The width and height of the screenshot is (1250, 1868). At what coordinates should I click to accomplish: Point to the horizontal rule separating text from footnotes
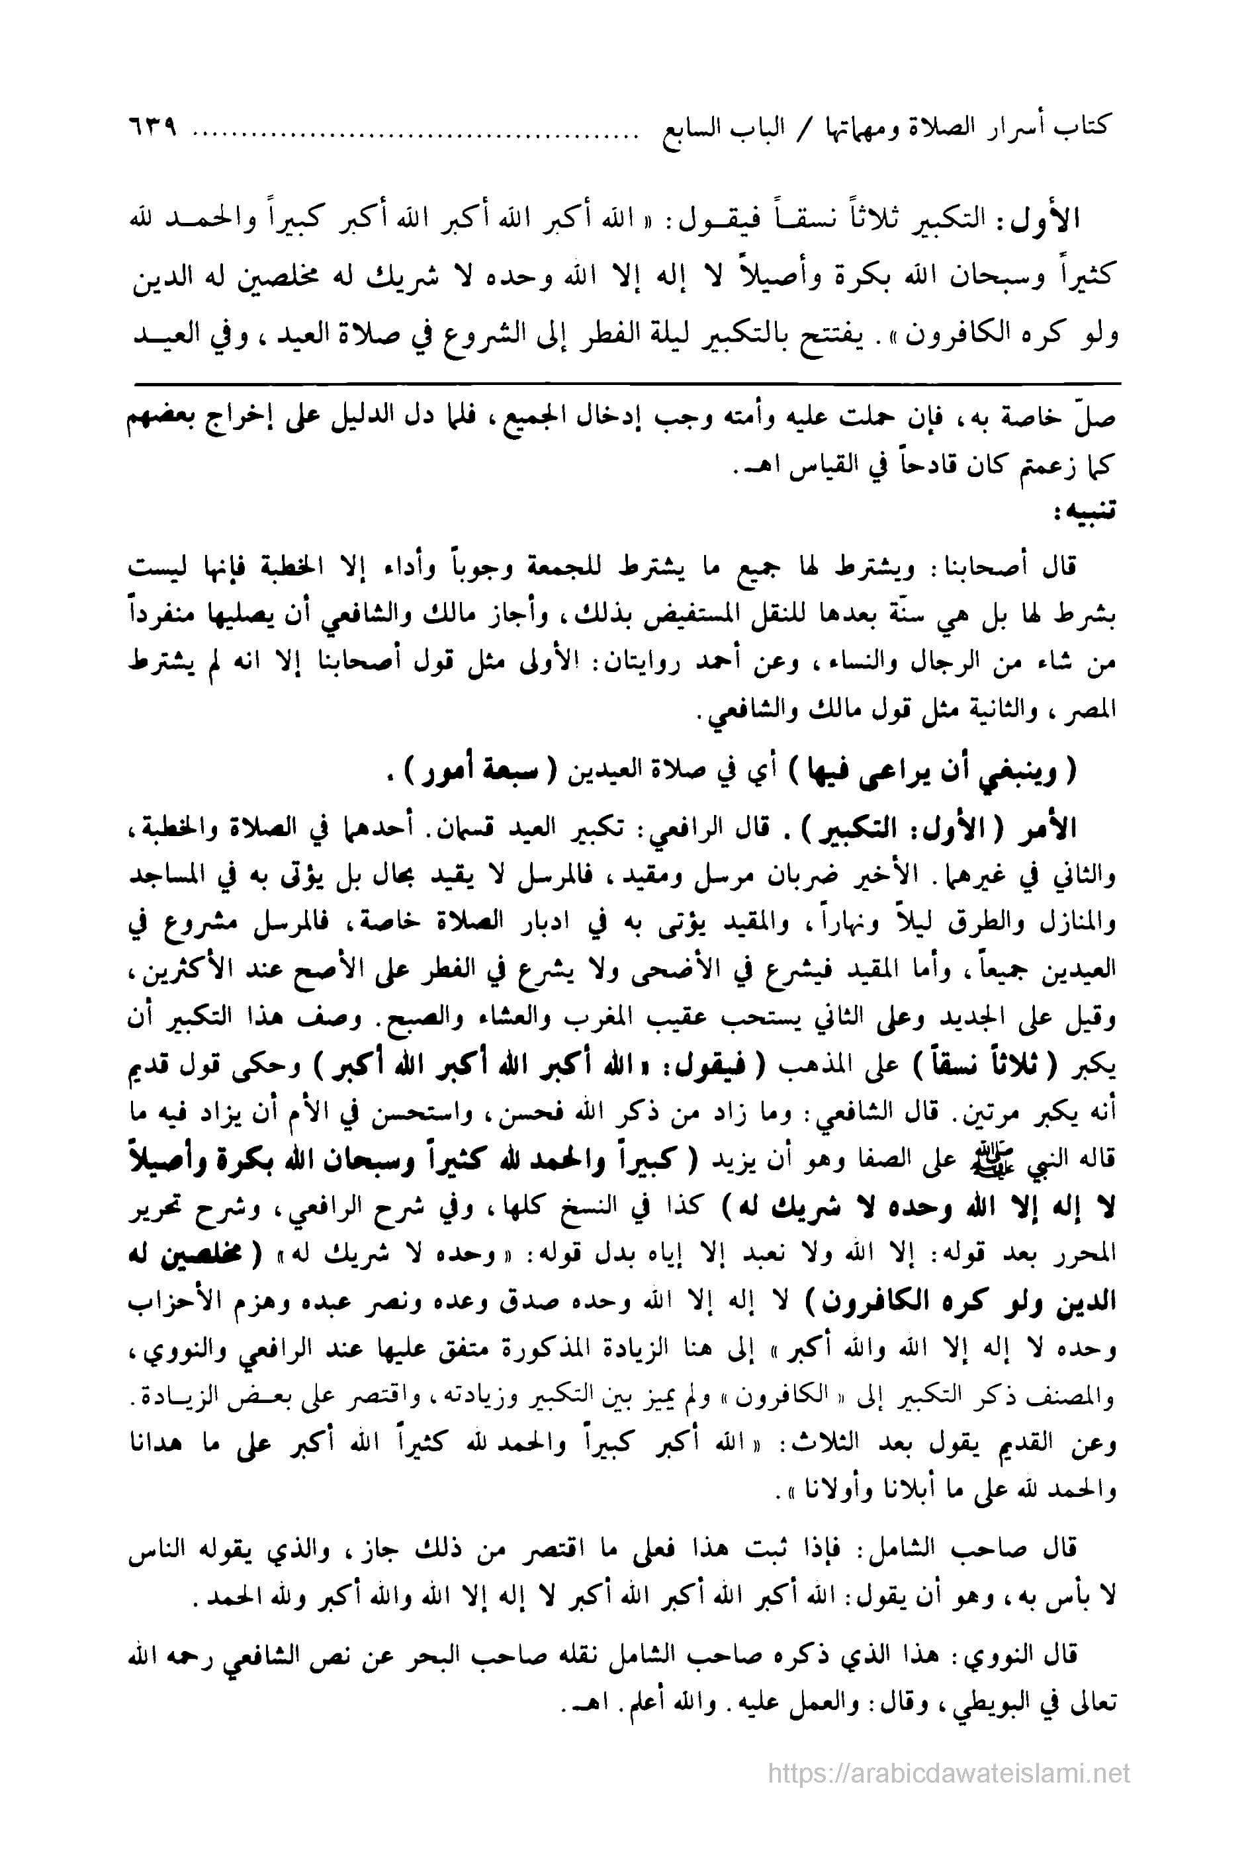626,385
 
